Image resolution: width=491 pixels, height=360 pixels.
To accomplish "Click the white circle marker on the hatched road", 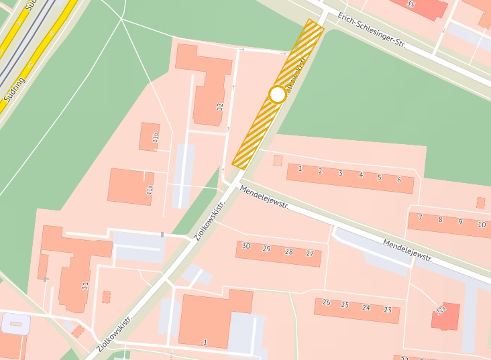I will click(278, 95).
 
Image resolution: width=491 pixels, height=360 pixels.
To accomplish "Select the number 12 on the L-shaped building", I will click(219, 106).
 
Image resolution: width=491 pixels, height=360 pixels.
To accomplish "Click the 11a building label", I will click(150, 190).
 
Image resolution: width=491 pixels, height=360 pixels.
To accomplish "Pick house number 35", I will click(411, 4).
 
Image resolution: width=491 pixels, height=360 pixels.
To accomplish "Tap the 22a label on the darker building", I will click(441, 310).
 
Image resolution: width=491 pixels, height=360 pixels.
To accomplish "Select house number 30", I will click(246, 247).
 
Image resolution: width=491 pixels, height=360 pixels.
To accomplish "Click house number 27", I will click(310, 253).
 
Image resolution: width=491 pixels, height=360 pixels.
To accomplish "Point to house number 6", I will click(399, 180).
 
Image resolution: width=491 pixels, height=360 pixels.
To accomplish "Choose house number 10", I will click(482, 225).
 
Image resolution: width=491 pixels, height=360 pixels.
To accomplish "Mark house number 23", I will click(388, 310).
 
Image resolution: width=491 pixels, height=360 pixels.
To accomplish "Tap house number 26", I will click(326, 303).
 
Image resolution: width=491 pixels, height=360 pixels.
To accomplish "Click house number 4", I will click(361, 175).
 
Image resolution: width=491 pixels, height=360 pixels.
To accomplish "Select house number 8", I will click(440, 219).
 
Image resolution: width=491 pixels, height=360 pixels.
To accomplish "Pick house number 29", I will click(266, 249).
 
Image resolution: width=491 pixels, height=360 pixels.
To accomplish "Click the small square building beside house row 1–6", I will click(278, 160).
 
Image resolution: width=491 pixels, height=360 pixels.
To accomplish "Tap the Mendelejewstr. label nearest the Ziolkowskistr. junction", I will click(264, 197).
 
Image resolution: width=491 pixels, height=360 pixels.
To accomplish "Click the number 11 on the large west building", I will click(85, 286).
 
